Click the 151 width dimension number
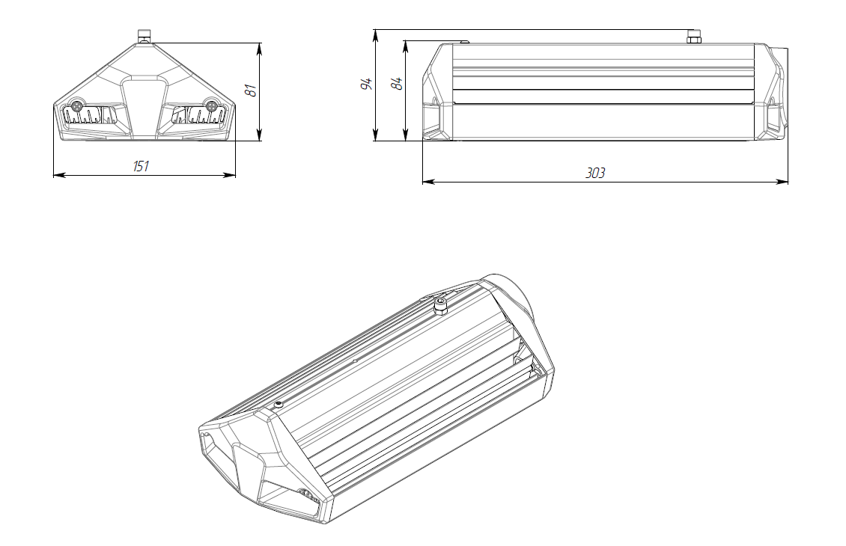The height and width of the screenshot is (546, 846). tap(141, 166)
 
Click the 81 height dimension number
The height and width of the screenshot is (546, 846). tap(251, 90)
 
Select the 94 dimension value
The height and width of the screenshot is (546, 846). tap(367, 84)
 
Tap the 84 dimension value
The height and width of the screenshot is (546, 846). tap(398, 84)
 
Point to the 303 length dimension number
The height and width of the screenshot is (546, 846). tap(596, 173)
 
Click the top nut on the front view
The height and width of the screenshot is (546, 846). tap(144, 37)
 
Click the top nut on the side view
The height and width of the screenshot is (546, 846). tap(693, 37)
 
